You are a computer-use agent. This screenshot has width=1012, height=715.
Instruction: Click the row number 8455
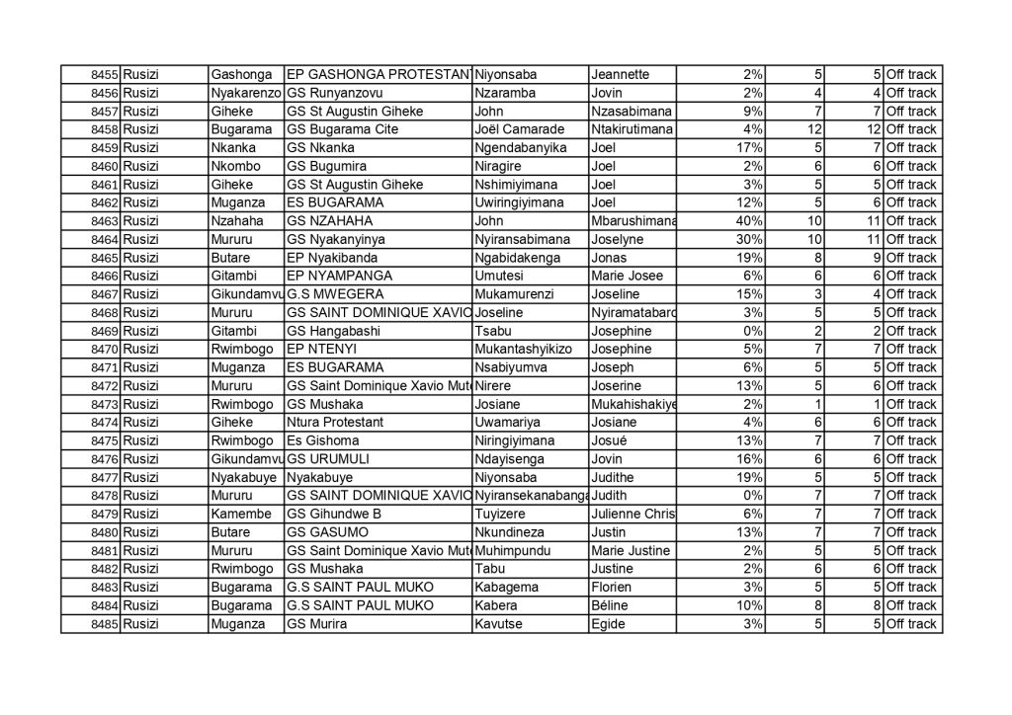point(104,75)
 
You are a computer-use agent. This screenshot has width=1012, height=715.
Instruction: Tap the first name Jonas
point(609,258)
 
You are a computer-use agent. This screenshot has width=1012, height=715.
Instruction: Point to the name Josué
point(609,440)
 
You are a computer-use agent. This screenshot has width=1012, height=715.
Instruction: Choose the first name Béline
point(609,605)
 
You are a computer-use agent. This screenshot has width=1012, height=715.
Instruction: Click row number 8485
point(104,624)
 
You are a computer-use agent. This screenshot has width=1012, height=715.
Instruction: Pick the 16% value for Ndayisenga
point(749,459)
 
